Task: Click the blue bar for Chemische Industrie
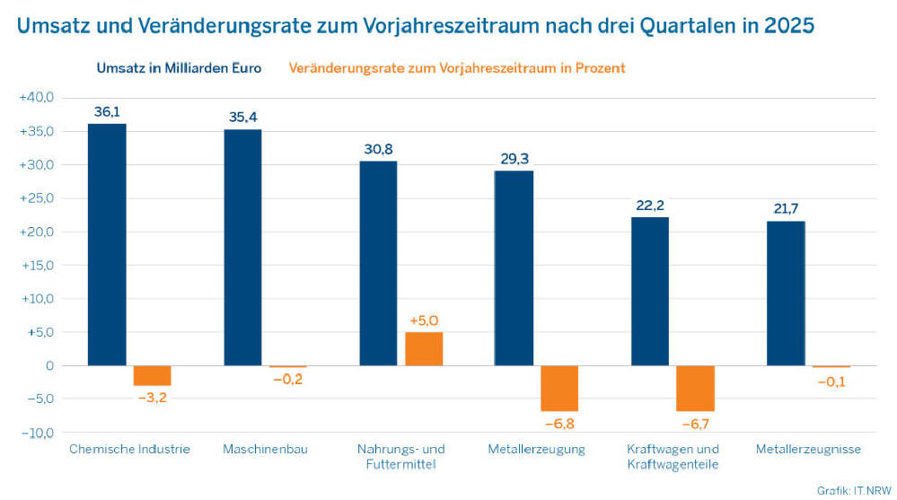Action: click(x=107, y=244)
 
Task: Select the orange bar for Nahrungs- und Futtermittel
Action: click(x=424, y=348)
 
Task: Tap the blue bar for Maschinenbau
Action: click(x=242, y=247)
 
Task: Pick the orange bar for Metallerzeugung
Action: click(x=559, y=388)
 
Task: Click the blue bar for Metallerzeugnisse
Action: click(x=786, y=293)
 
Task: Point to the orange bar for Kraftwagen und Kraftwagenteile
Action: click(x=695, y=388)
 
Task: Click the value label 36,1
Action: click(x=107, y=112)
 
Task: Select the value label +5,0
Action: click(x=424, y=320)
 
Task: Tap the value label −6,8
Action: click(x=559, y=423)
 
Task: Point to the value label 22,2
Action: click(x=650, y=206)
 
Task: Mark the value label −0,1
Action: click(x=831, y=382)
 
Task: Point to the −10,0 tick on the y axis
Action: click(x=37, y=433)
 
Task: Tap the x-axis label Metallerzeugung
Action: click(x=537, y=449)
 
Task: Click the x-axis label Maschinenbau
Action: click(x=265, y=449)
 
